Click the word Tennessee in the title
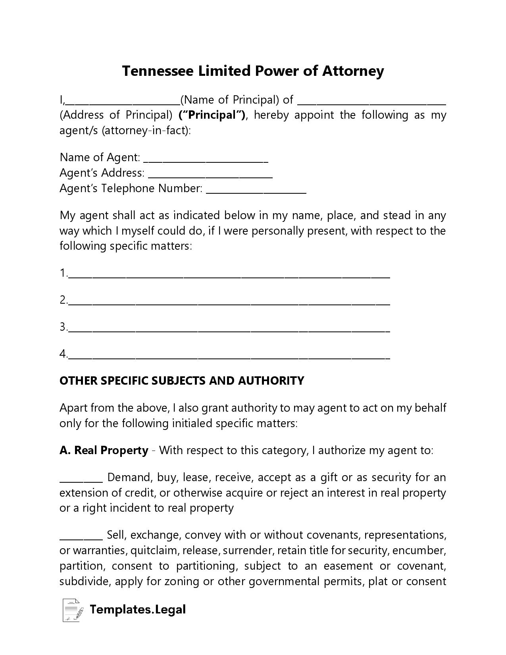tap(158, 71)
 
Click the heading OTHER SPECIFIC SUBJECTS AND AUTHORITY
tap(182, 381)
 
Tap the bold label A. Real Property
tap(104, 451)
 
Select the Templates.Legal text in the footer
tap(138, 609)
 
